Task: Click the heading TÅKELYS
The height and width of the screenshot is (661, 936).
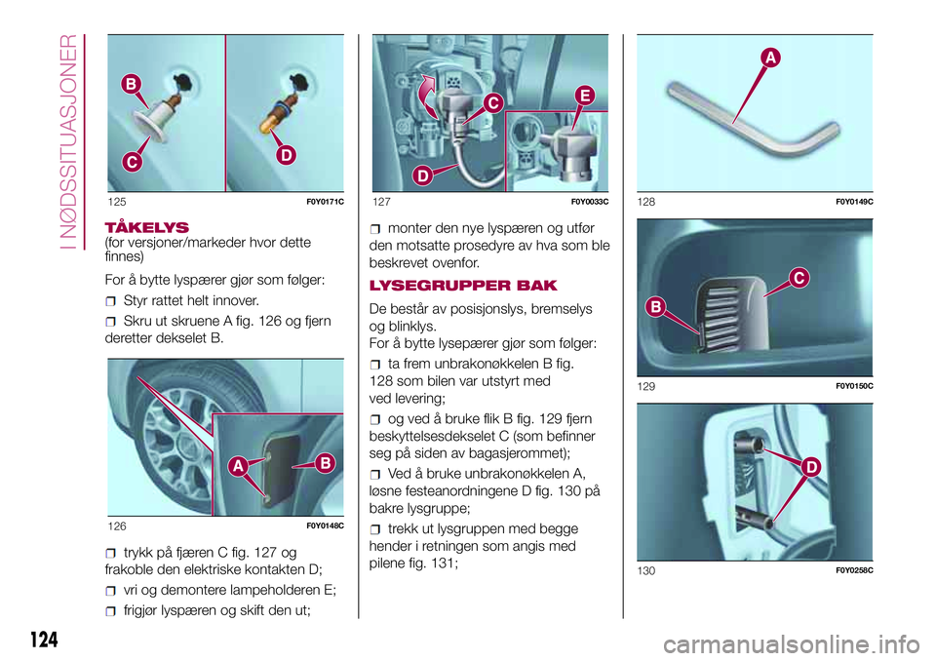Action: point(147,227)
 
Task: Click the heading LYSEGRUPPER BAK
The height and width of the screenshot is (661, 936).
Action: point(463,286)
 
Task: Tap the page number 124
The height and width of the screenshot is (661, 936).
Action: point(44,640)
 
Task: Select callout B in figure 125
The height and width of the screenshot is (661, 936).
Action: point(131,84)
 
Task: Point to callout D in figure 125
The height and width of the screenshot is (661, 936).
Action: point(287,155)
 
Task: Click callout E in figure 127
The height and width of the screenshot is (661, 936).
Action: point(585,96)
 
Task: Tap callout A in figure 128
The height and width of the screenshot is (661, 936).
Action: point(770,58)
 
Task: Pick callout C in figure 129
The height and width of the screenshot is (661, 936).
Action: point(799,278)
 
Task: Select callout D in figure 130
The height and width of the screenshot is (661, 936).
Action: point(811,467)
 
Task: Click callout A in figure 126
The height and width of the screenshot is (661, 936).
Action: point(238,466)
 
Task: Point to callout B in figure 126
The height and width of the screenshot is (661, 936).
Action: point(326,463)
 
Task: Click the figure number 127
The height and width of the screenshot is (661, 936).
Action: point(381,202)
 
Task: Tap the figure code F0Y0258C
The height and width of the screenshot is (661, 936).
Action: point(854,570)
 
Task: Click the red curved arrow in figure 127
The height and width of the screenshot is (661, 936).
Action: point(427,96)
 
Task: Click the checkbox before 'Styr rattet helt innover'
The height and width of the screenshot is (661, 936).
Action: point(110,301)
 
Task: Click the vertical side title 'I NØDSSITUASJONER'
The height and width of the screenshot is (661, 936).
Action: point(69,141)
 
